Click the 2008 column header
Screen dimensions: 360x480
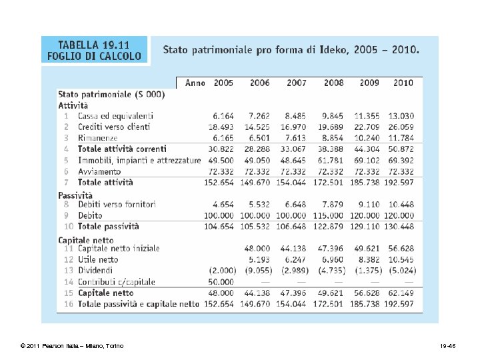(333, 83)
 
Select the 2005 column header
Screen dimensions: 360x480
(223, 83)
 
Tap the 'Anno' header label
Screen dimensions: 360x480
(195, 83)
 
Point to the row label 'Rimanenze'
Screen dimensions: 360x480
(97, 138)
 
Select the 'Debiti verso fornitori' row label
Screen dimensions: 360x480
(117, 205)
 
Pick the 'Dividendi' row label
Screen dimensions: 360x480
(97, 271)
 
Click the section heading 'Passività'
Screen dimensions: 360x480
(75, 195)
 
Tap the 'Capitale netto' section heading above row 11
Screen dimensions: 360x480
(86, 239)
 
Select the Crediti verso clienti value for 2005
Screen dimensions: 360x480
(221, 127)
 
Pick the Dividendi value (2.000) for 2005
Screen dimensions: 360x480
(221, 271)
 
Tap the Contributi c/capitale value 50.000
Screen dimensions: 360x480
(221, 281)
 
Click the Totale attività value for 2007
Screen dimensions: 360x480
(294, 182)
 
